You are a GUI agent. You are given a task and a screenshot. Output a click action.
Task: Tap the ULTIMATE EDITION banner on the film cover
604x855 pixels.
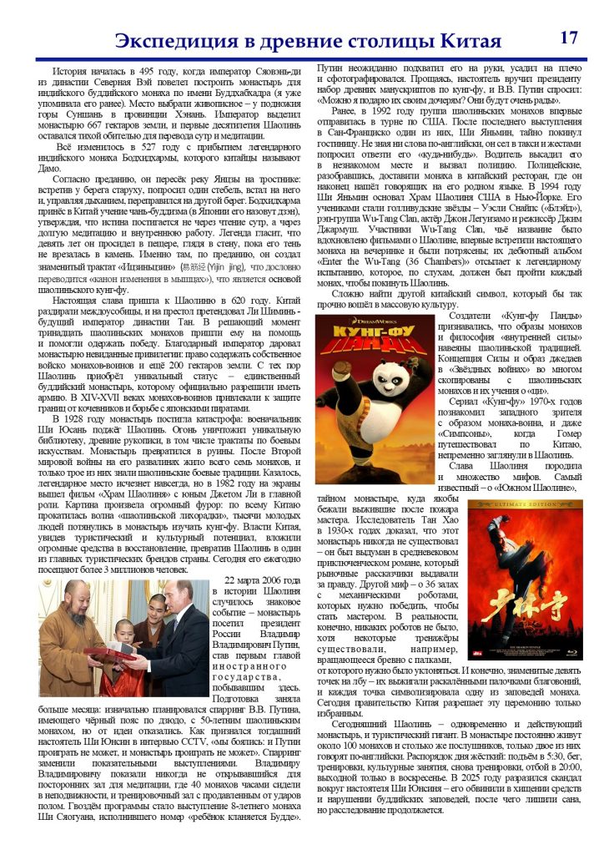[512, 505]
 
